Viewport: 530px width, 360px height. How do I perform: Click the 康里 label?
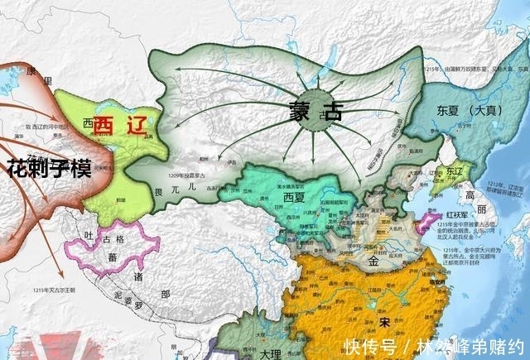40,79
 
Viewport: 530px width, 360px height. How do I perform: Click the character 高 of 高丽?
470,197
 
